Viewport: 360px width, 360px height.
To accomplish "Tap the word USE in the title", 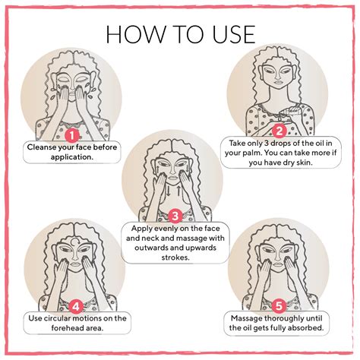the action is click(234, 34).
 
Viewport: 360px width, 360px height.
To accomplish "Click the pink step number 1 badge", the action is click(72, 135).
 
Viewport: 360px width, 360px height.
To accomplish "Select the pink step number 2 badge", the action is click(279, 131).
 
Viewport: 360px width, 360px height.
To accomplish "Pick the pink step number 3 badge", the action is click(175, 216).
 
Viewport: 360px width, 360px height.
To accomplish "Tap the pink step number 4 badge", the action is click(76, 307).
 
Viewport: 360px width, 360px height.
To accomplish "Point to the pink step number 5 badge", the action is click(279, 306).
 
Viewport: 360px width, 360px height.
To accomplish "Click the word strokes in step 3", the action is click(175, 257).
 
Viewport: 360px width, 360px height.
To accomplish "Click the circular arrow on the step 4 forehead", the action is click(75, 242).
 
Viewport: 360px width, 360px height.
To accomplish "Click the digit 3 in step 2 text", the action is click(266, 144).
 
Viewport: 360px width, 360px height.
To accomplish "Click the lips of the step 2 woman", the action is click(278, 82).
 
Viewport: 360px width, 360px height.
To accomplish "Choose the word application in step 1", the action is click(72, 157).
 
